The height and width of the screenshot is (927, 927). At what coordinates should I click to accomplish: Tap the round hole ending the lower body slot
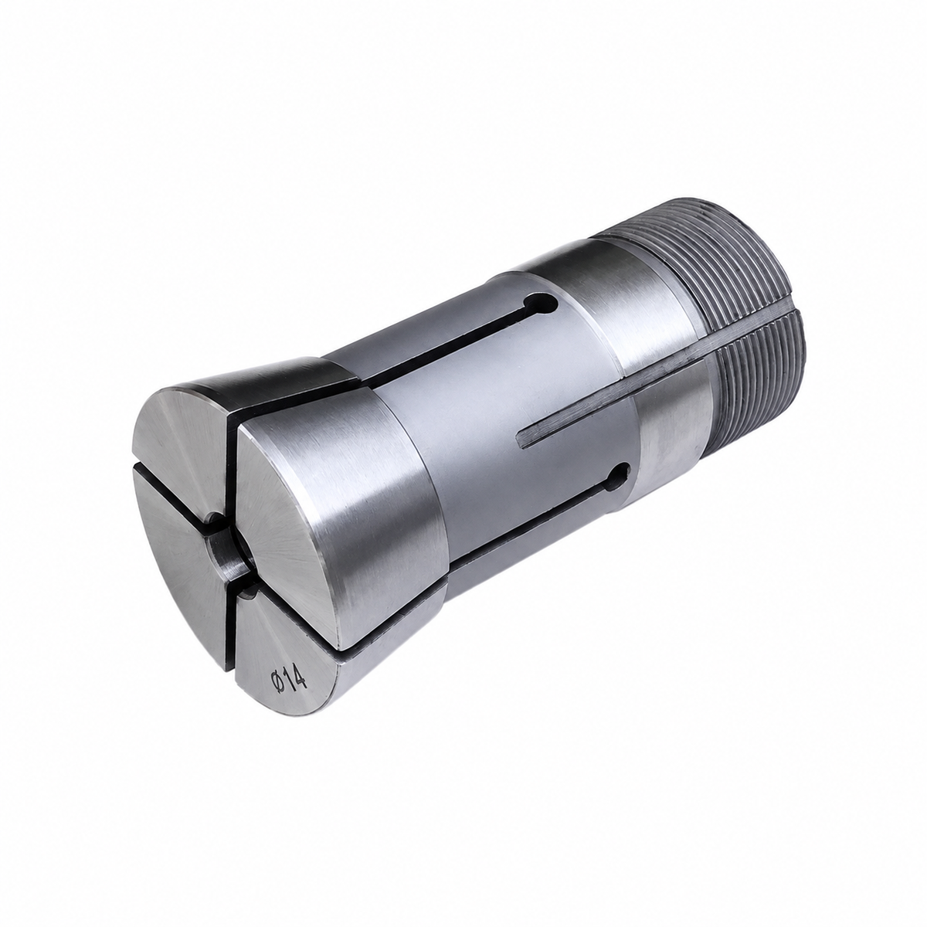(x=617, y=477)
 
